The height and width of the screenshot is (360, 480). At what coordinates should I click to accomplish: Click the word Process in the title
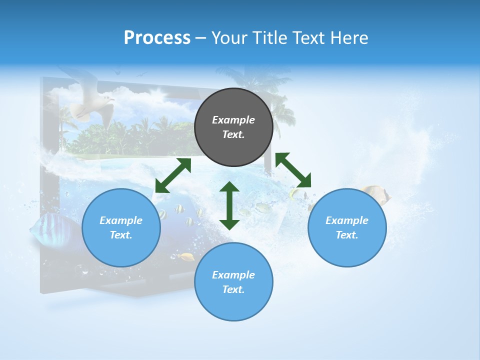pos(157,38)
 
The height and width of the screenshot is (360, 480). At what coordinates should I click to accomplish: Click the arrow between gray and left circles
pos(173,175)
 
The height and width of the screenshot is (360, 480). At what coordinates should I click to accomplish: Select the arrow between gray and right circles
pos(293,170)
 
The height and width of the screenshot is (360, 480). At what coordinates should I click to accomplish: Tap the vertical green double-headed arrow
pos(229,205)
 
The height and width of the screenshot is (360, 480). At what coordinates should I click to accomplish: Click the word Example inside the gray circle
pos(233,120)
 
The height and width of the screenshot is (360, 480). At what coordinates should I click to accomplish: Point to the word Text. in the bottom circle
pos(233,289)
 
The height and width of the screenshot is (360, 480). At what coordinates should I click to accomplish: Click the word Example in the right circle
pos(347,220)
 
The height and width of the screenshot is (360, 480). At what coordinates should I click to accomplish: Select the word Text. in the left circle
pos(121,235)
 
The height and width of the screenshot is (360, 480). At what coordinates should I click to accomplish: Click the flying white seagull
pos(90,102)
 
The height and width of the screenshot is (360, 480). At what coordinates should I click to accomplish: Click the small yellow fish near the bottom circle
pos(187,257)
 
